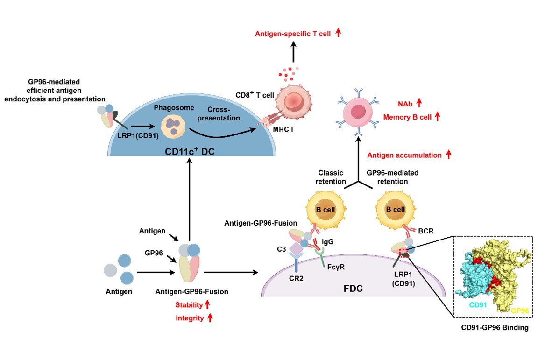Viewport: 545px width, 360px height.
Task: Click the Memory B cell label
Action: (x=407, y=117)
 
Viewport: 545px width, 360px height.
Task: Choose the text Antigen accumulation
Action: (x=404, y=155)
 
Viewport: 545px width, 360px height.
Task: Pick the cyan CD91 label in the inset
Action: (x=478, y=305)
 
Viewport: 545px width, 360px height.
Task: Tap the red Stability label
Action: (x=189, y=305)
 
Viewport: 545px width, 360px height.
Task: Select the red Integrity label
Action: (x=190, y=318)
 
